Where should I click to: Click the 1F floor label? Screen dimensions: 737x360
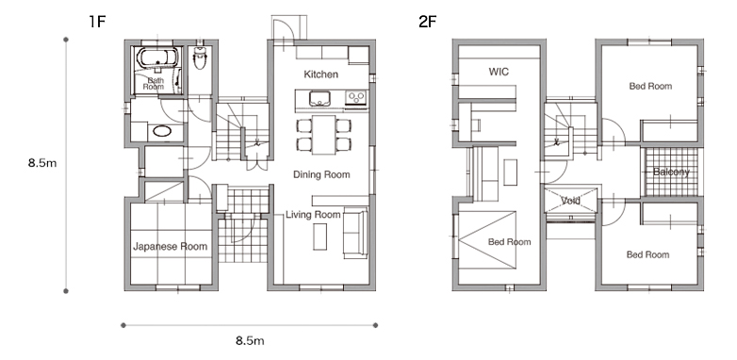click(x=97, y=22)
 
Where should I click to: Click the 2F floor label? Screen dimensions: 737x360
click(x=427, y=22)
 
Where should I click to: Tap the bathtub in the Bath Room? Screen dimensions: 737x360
click(x=157, y=58)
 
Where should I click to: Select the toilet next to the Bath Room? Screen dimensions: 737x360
click(x=200, y=57)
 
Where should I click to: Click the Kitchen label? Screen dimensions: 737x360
click(x=321, y=74)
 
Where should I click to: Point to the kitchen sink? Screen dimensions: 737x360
click(x=319, y=99)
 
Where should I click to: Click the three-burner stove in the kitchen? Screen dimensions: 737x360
click(x=356, y=98)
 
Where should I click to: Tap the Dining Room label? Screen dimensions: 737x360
click(x=321, y=174)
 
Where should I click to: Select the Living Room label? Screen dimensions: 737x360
click(x=313, y=215)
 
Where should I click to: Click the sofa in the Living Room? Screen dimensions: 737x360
click(x=355, y=233)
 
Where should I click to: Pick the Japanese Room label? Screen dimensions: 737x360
click(x=171, y=246)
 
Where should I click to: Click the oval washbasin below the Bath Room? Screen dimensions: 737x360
click(x=162, y=131)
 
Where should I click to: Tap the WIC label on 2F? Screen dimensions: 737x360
click(x=499, y=72)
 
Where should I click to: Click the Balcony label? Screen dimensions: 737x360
click(x=671, y=172)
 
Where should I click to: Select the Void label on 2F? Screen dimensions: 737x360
click(x=570, y=201)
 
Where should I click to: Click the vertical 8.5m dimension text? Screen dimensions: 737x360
click(x=42, y=163)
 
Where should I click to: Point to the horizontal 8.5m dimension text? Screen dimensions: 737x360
click(x=250, y=341)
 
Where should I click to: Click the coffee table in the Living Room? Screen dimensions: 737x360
click(x=320, y=237)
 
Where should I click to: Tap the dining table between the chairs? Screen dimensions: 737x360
click(x=324, y=135)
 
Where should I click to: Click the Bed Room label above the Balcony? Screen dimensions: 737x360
click(x=650, y=86)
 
